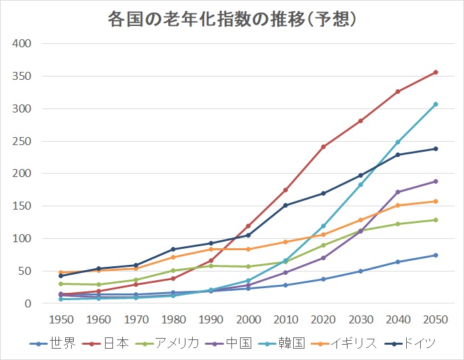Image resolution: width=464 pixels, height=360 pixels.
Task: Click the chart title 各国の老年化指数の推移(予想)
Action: (x=232, y=19)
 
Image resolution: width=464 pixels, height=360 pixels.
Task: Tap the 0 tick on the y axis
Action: (x=27, y=303)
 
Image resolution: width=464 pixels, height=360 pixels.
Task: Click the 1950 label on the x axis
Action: (x=61, y=319)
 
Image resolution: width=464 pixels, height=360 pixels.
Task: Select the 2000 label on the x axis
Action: (x=248, y=319)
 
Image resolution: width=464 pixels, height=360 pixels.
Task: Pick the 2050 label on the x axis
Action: (x=435, y=319)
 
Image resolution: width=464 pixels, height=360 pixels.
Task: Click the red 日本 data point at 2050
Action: (x=435, y=72)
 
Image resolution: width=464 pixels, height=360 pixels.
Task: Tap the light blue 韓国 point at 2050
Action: (x=435, y=104)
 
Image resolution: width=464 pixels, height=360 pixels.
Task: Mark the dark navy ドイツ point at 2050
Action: (x=435, y=148)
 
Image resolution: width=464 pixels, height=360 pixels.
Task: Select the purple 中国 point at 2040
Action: (x=398, y=192)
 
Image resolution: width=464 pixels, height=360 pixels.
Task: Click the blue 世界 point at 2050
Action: (x=435, y=255)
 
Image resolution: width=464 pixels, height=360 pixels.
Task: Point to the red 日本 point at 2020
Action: (x=323, y=146)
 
